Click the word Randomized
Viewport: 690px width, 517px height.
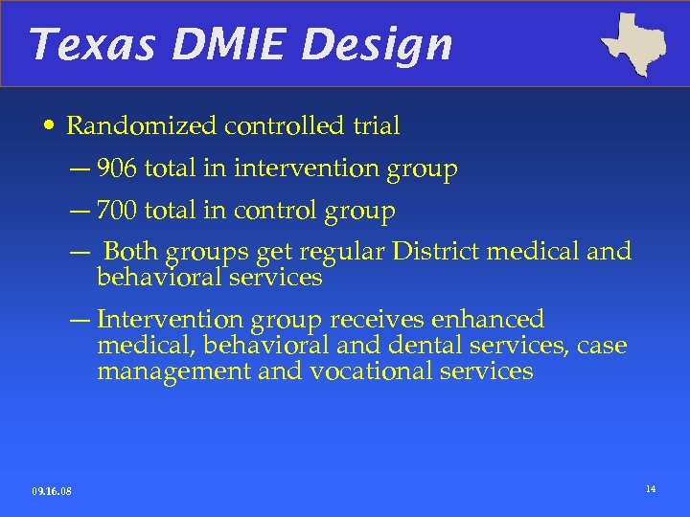tap(143, 125)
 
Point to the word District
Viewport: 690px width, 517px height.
tap(437, 252)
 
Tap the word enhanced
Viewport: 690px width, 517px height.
tap(490, 320)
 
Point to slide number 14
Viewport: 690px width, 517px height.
tap(651, 489)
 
